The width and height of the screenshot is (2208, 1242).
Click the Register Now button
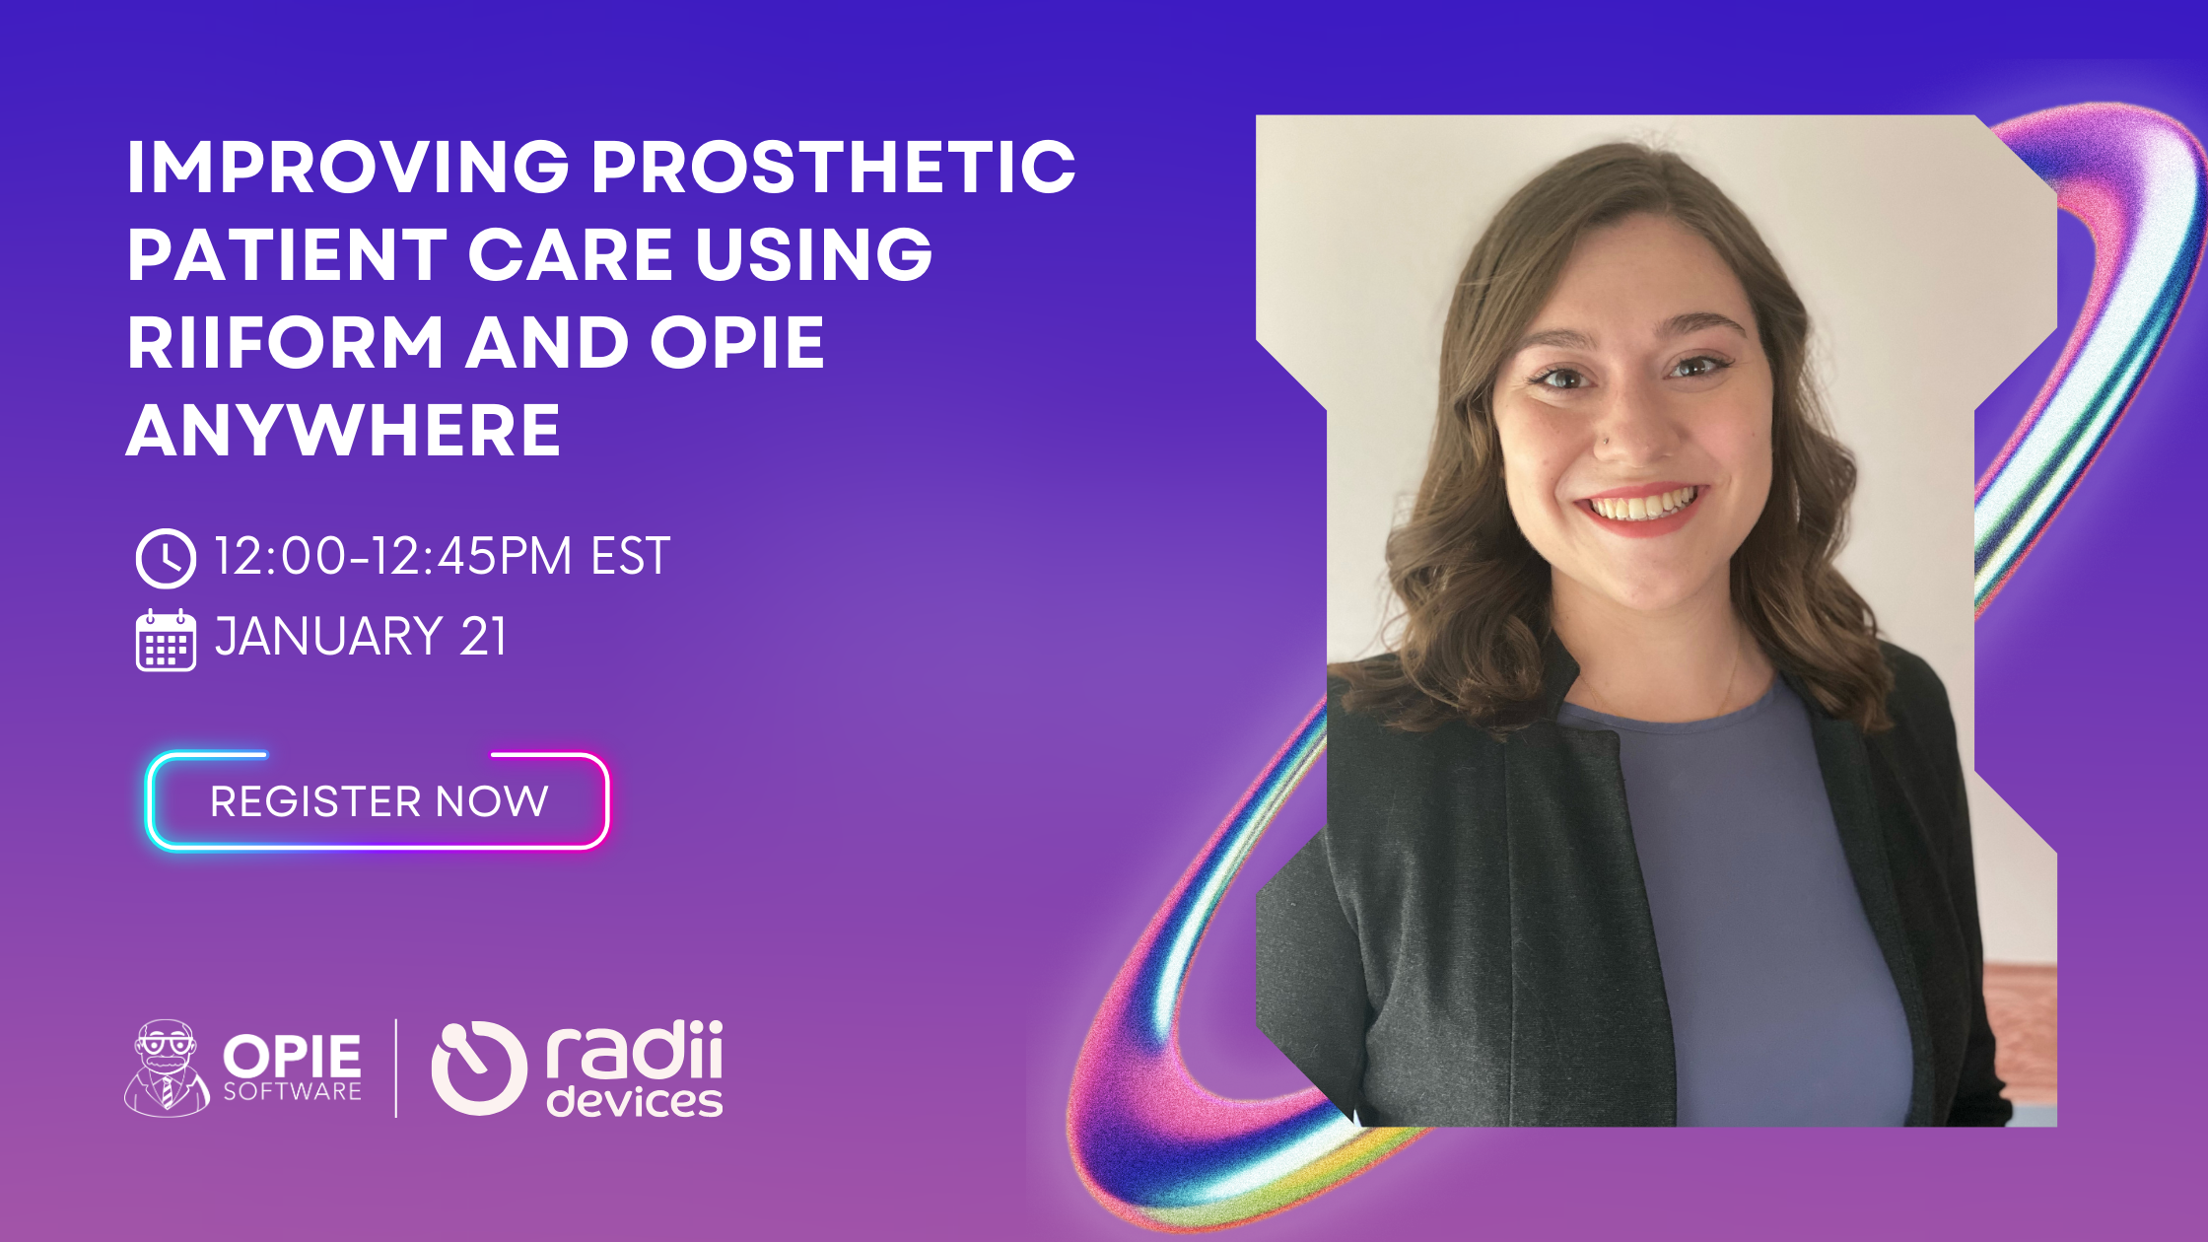tap(379, 800)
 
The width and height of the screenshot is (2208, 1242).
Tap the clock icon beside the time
tap(166, 558)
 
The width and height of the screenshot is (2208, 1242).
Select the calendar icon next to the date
tap(166, 640)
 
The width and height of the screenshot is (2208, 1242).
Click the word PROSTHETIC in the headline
tap(833, 167)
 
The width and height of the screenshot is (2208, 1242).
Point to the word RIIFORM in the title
tap(286, 343)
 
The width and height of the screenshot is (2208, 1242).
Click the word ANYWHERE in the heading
tap(344, 431)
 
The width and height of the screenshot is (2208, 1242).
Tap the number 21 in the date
tap(483, 636)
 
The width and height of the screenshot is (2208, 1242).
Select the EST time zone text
tap(631, 556)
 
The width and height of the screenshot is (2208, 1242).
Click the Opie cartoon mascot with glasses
tap(166, 1069)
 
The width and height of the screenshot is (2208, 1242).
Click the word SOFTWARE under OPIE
tap(292, 1092)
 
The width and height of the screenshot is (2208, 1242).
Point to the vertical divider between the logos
tap(396, 1069)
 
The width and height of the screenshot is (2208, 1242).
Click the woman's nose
tap(1626, 434)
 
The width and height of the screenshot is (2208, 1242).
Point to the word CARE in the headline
tap(571, 254)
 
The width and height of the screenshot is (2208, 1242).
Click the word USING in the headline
tap(814, 254)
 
